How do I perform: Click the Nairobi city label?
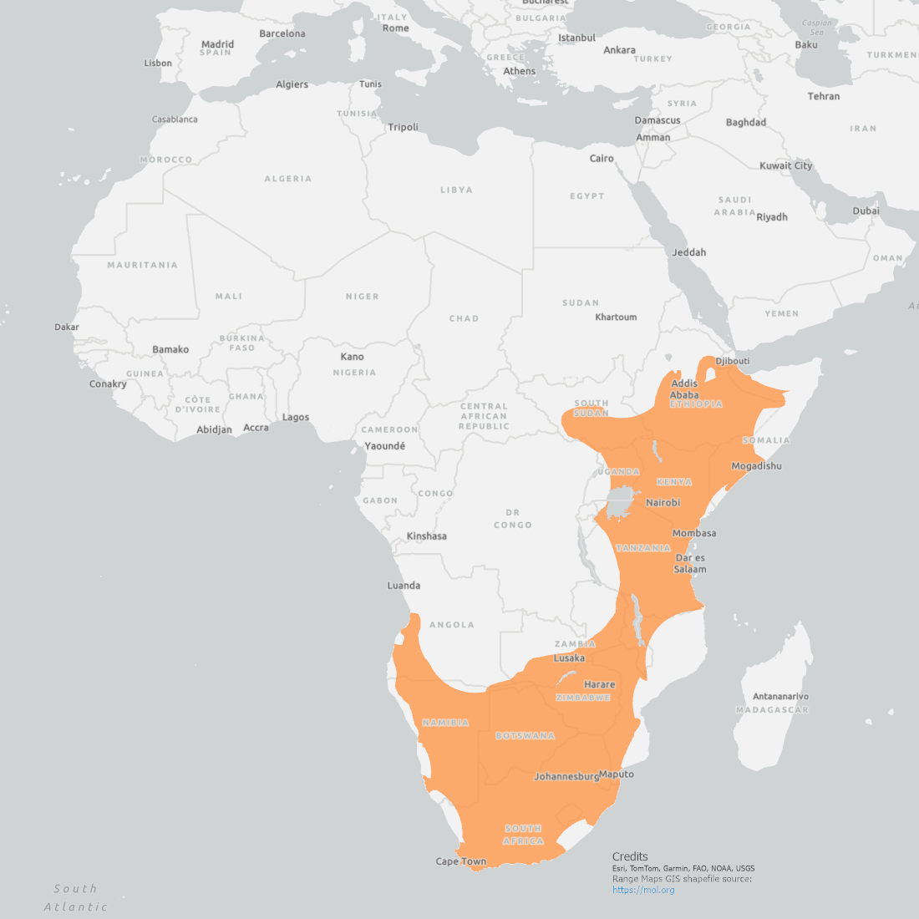tap(663, 503)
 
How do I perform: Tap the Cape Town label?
tap(460, 861)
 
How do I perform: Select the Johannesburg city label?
tap(566, 776)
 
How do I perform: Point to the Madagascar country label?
tap(772, 710)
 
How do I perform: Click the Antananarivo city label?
tap(780, 697)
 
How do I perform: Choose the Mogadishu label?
tap(756, 466)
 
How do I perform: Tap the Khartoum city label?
tap(616, 317)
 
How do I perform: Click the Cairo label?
tap(602, 159)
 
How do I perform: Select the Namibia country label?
tap(445, 723)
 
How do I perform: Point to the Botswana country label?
tap(525, 736)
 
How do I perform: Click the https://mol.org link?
tap(642, 890)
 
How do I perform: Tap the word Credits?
tap(630, 856)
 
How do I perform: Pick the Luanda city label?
tap(404, 586)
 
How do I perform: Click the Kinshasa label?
tap(426, 536)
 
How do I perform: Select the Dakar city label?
tap(67, 327)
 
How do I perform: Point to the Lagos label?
tap(295, 418)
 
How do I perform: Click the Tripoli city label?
tap(403, 128)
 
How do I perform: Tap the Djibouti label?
tap(733, 361)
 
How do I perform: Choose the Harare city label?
tap(599, 685)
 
